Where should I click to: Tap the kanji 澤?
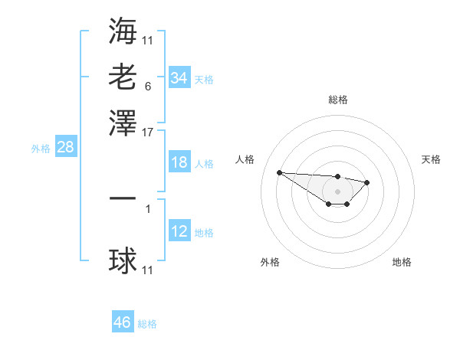[x=123, y=122]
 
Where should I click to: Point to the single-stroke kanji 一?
[x=123, y=198]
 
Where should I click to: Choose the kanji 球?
[x=123, y=261]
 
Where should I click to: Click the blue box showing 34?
[x=179, y=77]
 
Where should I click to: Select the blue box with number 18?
[x=179, y=162]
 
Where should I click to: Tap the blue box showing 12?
[x=179, y=231]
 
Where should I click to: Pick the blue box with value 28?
[x=65, y=148]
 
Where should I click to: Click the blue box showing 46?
[x=123, y=322]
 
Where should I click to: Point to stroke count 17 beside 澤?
[x=148, y=131]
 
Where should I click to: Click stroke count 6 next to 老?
[x=147, y=86]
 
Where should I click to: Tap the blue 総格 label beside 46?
[x=147, y=324]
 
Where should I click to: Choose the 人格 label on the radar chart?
[x=245, y=159]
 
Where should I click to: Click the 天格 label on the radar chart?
[x=431, y=159]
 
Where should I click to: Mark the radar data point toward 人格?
[x=279, y=172]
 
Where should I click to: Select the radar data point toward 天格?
[x=367, y=182]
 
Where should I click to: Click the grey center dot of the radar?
[x=337, y=191]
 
